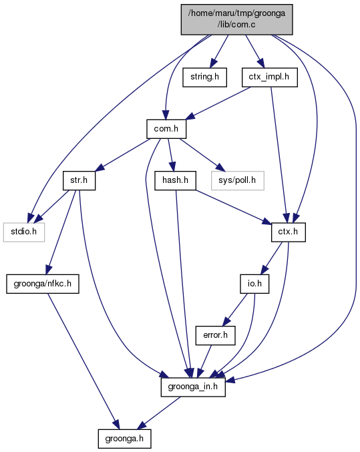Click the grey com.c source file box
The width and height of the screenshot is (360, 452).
point(237,19)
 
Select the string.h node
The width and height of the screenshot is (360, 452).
point(204,77)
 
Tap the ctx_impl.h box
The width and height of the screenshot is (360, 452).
point(269,77)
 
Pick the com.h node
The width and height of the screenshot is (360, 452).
point(166,129)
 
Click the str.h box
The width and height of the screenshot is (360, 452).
point(79,180)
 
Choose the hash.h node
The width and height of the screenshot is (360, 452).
point(175,180)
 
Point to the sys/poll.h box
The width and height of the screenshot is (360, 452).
point(237,180)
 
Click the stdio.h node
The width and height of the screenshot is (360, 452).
point(24,232)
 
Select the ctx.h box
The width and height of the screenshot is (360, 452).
point(288,232)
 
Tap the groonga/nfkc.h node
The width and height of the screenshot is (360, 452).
point(43,284)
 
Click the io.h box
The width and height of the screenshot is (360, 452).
point(254,284)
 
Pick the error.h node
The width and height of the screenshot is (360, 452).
point(215,335)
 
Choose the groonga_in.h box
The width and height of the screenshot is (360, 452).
point(193,387)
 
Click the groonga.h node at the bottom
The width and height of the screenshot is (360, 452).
point(124,439)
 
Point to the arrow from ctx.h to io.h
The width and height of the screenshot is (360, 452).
point(271,258)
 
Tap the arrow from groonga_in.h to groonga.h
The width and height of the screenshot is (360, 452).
point(159,413)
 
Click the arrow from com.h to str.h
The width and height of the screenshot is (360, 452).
point(123,155)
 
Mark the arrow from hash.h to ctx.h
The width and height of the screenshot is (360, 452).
point(233,207)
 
